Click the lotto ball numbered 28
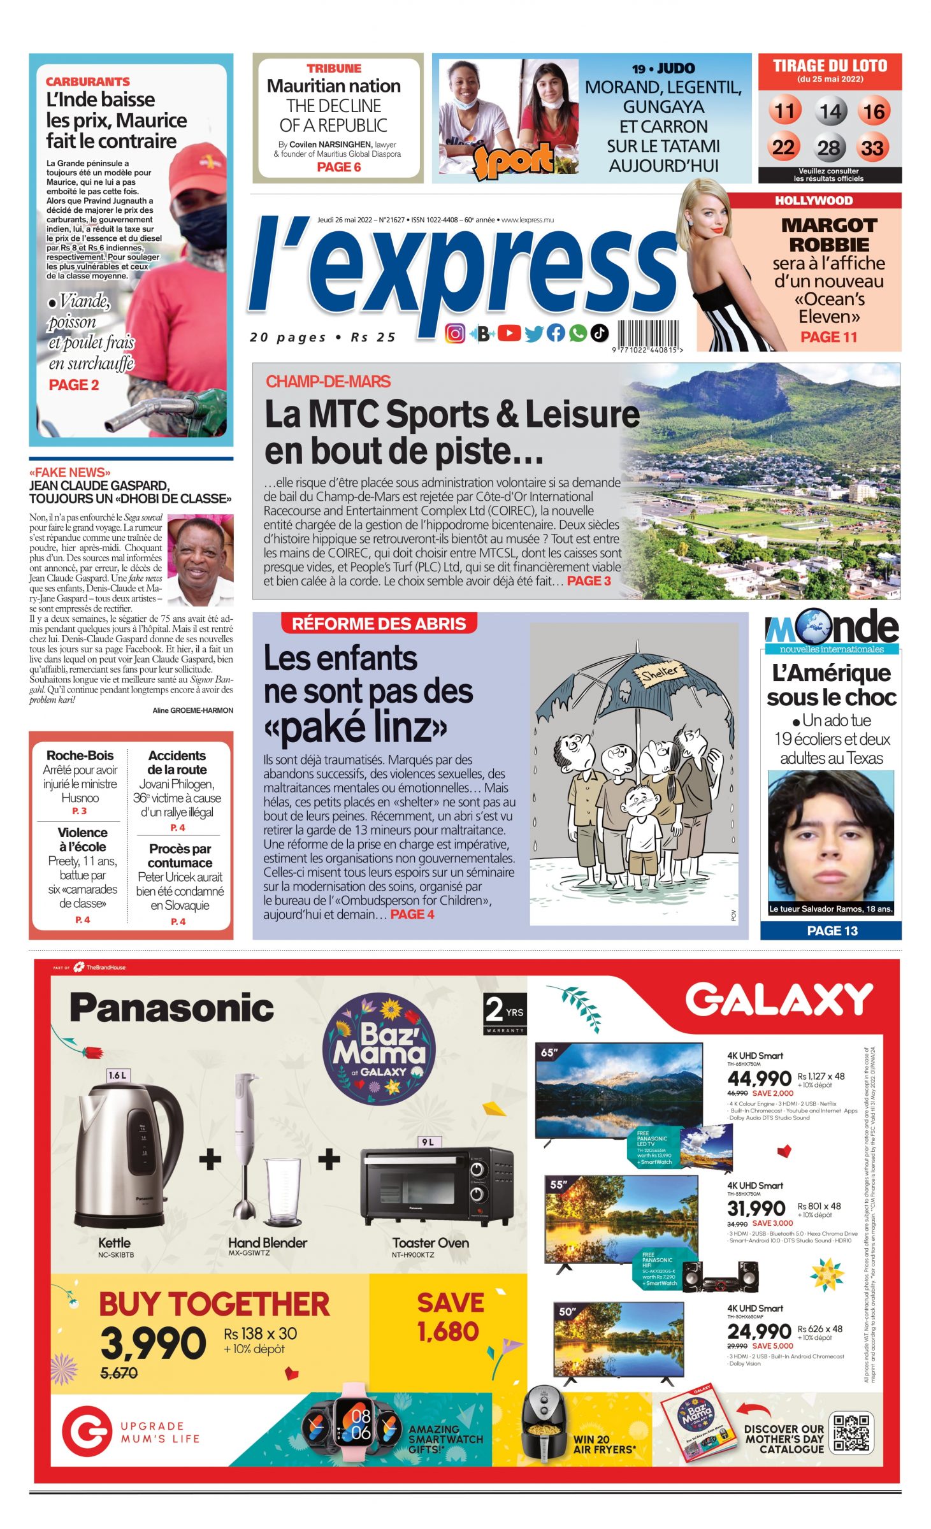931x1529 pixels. click(828, 148)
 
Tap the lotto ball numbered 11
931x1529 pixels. click(784, 111)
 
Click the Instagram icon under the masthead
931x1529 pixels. click(455, 333)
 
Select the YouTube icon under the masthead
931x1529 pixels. click(509, 333)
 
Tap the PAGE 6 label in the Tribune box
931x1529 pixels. click(338, 167)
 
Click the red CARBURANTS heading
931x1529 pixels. click(87, 82)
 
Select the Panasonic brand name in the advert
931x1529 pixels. click(171, 1008)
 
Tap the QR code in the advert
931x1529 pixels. click(851, 1432)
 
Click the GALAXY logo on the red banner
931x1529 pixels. click(778, 1000)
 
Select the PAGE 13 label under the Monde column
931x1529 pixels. click(832, 931)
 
